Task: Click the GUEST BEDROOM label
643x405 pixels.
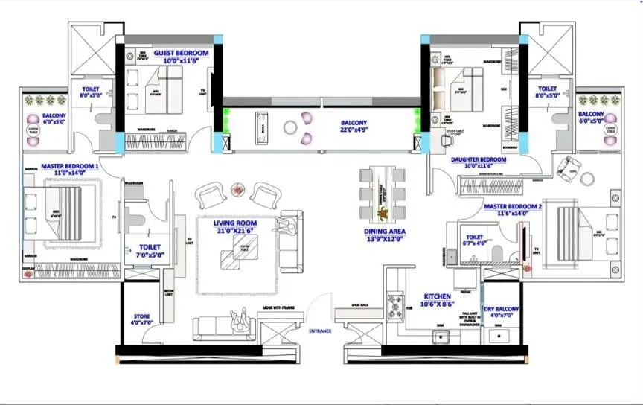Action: tap(182, 54)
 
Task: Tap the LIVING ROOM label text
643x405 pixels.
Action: tap(234, 223)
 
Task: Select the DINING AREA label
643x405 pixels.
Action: tap(385, 232)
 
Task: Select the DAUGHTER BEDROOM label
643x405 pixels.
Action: tap(479, 159)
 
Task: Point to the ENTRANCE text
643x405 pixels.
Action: tap(321, 329)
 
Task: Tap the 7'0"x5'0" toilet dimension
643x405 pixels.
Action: tap(147, 255)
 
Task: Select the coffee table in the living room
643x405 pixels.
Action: tap(234, 255)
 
